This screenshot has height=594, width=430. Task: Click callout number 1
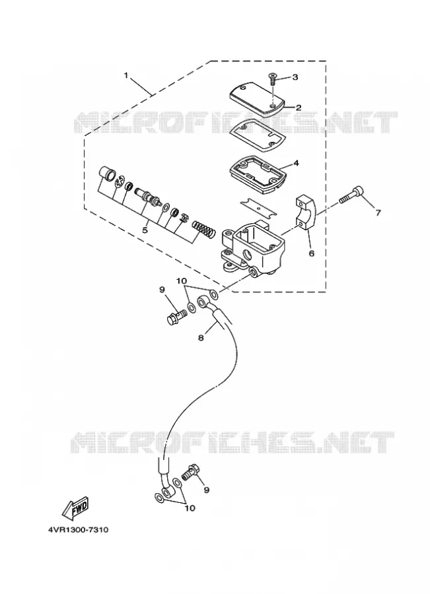tap(126, 75)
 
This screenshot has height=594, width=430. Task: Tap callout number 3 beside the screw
tap(295, 77)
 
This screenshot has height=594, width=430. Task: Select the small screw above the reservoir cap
tap(272, 79)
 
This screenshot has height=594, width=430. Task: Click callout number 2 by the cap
tap(299, 108)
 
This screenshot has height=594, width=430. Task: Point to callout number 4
tap(296, 163)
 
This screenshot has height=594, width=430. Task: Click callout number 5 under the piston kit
tap(145, 230)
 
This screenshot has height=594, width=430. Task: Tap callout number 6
tap(311, 253)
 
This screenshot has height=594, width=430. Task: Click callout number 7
tap(378, 213)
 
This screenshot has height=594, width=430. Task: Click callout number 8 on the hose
tap(201, 337)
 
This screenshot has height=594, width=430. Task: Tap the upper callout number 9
tap(162, 290)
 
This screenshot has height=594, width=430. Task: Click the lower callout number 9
tap(206, 490)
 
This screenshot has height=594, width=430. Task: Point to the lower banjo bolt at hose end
tap(191, 473)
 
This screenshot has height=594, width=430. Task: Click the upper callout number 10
tap(181, 280)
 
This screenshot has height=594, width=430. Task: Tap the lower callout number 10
tap(190, 508)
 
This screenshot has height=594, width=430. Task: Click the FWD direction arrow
tap(75, 508)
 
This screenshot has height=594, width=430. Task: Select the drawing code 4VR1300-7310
tap(78, 529)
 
